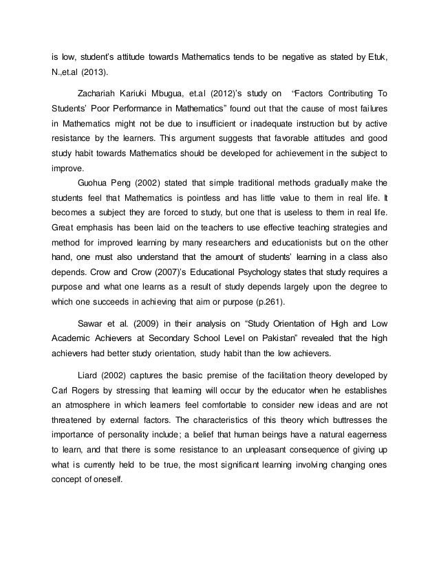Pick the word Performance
(150, 108)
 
